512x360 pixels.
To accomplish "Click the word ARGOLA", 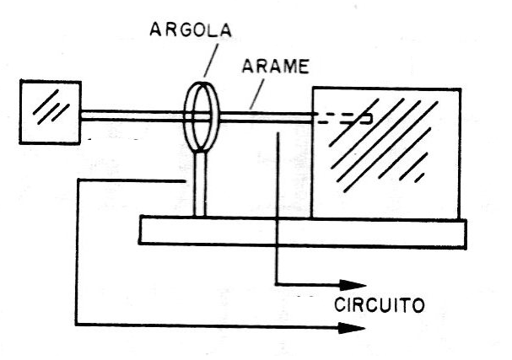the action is click(191, 30).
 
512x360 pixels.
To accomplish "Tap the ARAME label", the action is click(275, 67).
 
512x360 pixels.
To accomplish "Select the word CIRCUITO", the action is click(379, 305).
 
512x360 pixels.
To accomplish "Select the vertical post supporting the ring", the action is click(200, 184).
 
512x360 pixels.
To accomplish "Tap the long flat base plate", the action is click(303, 232).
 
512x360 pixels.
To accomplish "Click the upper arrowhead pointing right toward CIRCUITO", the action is click(353, 285).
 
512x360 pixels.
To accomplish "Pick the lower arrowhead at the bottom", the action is click(352, 328).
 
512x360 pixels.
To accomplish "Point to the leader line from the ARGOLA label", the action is click(211, 60).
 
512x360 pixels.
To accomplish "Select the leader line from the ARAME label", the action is click(256, 94).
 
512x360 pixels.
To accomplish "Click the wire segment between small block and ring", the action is click(132, 116).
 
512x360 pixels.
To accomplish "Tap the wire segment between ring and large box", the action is click(266, 117).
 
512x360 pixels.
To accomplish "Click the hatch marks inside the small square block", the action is click(51, 107).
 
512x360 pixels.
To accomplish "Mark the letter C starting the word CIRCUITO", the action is click(340, 305).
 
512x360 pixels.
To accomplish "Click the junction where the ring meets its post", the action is click(200, 152).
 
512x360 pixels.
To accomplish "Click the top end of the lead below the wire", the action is click(278, 132).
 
